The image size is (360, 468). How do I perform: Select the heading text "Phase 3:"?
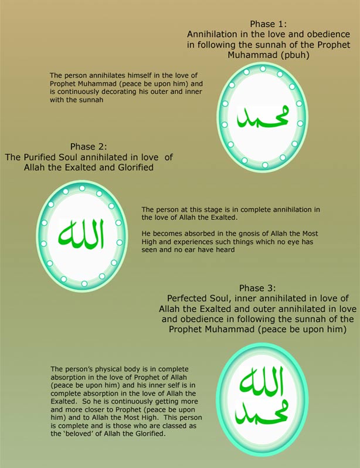tap(256, 289)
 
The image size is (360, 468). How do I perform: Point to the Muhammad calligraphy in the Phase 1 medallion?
tap(260, 116)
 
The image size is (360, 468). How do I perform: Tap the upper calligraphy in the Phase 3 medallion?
tap(260, 382)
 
